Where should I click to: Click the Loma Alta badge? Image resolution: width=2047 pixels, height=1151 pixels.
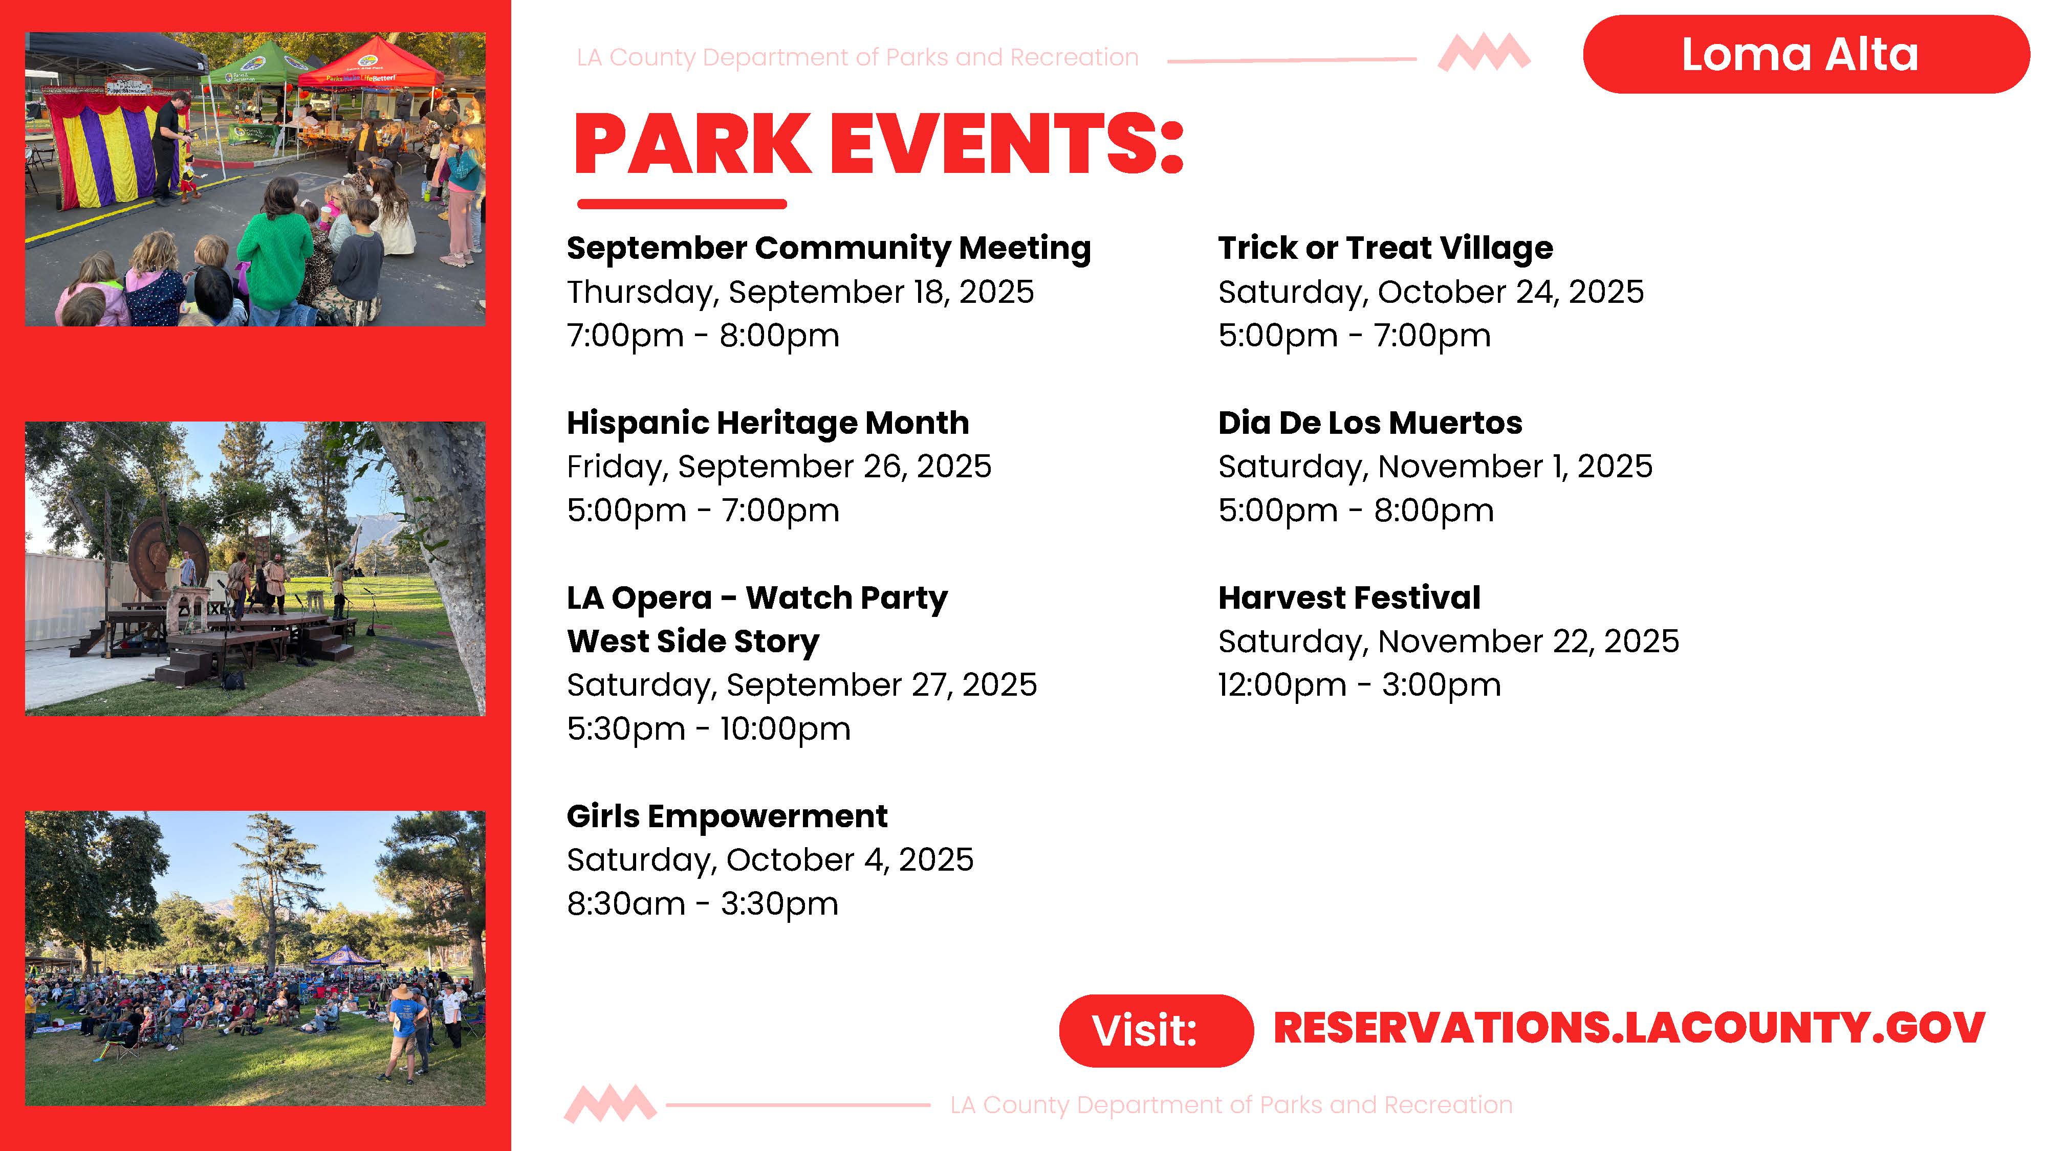1805,54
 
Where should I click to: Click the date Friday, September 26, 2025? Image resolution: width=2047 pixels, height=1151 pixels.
779,466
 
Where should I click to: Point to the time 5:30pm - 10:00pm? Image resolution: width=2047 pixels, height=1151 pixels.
708,728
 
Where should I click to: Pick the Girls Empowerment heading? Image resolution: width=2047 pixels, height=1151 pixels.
727,816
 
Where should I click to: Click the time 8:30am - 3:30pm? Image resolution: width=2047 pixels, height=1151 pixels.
703,904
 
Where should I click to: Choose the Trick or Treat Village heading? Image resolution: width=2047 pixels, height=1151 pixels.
1385,248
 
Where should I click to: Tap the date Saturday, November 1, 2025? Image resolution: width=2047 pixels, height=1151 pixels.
1435,466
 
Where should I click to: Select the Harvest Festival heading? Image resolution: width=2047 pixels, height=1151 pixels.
1349,597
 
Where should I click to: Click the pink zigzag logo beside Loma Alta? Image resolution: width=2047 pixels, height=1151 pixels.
1484,53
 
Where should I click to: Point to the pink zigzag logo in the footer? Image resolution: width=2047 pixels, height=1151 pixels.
611,1104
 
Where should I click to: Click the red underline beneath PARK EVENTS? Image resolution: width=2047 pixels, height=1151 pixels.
682,204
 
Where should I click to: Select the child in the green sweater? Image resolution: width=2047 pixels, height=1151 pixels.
276,250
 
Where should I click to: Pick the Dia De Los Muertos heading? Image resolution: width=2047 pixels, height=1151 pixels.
1370,423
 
